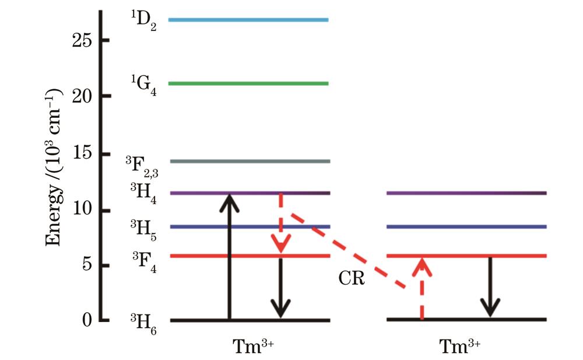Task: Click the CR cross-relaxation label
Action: (352, 279)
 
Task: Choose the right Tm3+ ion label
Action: (460, 346)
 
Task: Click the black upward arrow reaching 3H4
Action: (229, 257)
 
